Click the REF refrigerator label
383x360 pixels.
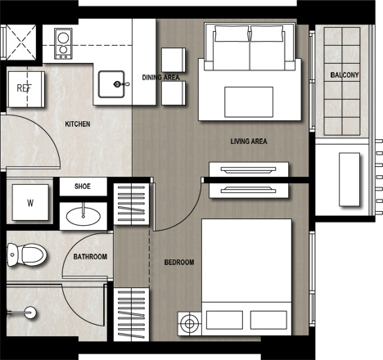click(x=24, y=88)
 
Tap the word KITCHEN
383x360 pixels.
click(x=78, y=124)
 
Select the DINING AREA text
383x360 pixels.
click(x=161, y=78)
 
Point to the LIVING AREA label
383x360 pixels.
click(x=249, y=142)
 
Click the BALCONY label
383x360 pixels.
click(x=345, y=75)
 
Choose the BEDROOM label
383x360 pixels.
click(x=179, y=263)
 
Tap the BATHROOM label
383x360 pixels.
click(x=90, y=257)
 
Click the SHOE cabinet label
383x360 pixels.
click(x=83, y=187)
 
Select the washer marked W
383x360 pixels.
click(x=30, y=202)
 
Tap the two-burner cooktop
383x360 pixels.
click(x=63, y=43)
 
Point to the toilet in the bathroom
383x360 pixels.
click(x=26, y=254)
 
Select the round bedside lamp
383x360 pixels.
click(x=189, y=324)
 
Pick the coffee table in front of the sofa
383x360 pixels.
click(x=249, y=101)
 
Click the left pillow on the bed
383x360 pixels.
click(x=224, y=320)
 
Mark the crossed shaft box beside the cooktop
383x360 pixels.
click(x=21, y=42)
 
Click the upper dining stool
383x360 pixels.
click(x=173, y=60)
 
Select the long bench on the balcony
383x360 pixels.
click(x=349, y=179)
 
